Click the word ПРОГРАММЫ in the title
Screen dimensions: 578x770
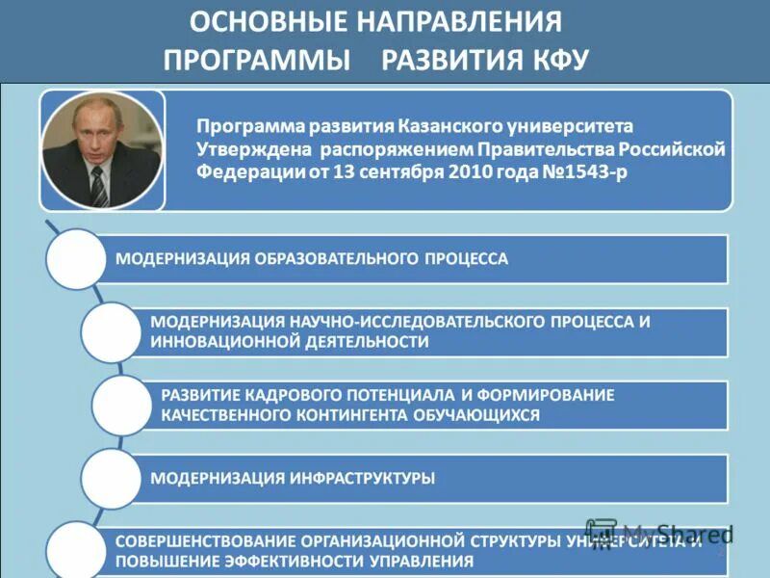(x=257, y=60)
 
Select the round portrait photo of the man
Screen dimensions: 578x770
(x=101, y=152)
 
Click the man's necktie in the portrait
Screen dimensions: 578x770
(x=98, y=186)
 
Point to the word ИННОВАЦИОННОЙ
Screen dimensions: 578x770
(x=219, y=341)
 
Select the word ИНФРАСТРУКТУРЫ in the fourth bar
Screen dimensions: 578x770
(x=361, y=478)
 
